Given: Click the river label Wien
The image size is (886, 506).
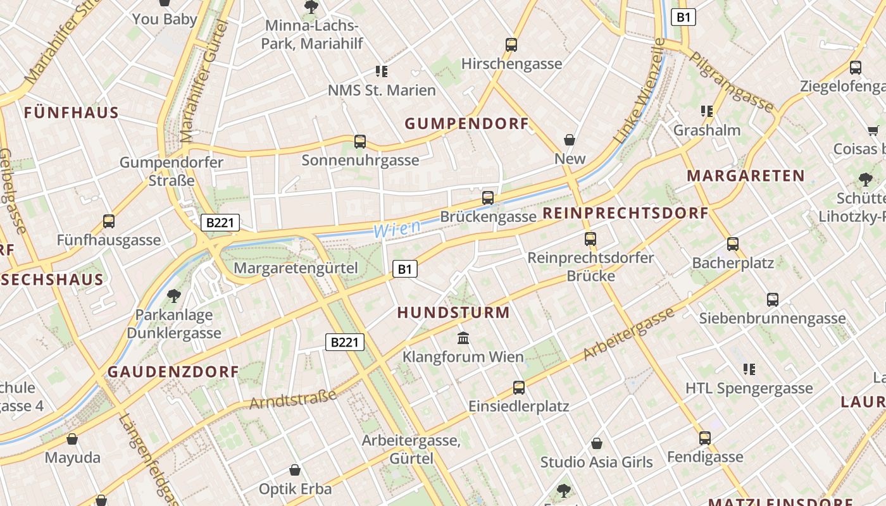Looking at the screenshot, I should tap(397, 229).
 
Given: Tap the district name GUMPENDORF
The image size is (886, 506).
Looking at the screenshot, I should tap(466, 124).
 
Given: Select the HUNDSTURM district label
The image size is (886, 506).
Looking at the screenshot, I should tap(453, 312).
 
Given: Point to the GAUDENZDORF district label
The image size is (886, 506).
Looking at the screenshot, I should tap(173, 372).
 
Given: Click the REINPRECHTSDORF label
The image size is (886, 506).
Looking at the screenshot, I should tap(625, 213).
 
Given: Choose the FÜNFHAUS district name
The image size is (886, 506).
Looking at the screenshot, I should tap(72, 113).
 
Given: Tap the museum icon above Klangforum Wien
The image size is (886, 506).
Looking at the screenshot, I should tap(463, 338).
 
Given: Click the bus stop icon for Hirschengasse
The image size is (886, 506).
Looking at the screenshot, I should tap(511, 45).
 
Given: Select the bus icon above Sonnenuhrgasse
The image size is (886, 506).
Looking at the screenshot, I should tap(360, 142).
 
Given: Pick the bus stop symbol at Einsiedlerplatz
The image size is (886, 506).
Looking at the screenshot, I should tap(519, 388).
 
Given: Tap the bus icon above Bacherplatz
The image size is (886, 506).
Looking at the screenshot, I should tap(733, 244).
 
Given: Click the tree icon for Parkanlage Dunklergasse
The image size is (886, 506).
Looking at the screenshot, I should tap(173, 295).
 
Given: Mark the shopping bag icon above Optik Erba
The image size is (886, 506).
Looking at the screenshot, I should tap(295, 470).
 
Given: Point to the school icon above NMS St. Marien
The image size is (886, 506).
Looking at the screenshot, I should tap(381, 71).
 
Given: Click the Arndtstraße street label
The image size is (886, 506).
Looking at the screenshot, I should tap(293, 400).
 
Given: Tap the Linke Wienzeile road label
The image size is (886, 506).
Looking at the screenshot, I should tap(640, 90).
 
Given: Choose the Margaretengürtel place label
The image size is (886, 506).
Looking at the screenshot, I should tap(296, 268).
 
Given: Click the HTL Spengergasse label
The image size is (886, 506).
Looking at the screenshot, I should tap(749, 388).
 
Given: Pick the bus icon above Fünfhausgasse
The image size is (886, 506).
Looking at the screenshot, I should tap(109, 221).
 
